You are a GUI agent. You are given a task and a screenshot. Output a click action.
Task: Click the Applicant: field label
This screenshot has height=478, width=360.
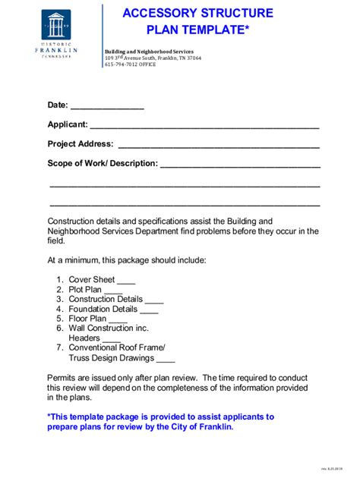pos(68,124)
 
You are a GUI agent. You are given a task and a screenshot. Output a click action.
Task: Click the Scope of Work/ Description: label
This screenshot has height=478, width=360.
pos(103,163)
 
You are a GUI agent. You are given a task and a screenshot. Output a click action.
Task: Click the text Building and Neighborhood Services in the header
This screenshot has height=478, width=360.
pos(148,50)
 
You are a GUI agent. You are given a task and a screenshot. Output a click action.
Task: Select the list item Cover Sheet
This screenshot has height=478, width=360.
pos(92,280)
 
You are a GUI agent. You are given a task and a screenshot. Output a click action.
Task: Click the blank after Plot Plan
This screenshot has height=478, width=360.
pos(113,290)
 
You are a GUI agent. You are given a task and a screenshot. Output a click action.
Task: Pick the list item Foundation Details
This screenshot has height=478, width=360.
pos(103,310)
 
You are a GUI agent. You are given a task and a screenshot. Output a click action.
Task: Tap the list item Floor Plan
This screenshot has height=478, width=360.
pos(88,319)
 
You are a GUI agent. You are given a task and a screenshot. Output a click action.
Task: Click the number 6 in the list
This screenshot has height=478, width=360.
pos(59,329)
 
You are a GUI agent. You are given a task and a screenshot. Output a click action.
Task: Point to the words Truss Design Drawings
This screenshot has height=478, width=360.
pos(112,358)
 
